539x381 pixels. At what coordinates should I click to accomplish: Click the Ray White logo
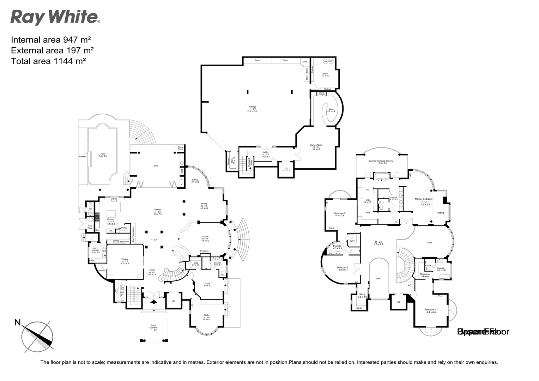coord(55,17)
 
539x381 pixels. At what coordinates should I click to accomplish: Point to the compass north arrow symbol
coord(37,335)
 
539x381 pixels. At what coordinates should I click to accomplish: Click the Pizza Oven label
coord(180,148)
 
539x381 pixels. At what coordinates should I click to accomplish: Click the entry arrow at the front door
coord(154,302)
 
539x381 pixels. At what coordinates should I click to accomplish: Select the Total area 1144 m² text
coord(49,61)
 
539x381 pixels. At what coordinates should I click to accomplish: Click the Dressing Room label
coord(425,275)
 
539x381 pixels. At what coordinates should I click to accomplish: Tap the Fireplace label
coord(204,251)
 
